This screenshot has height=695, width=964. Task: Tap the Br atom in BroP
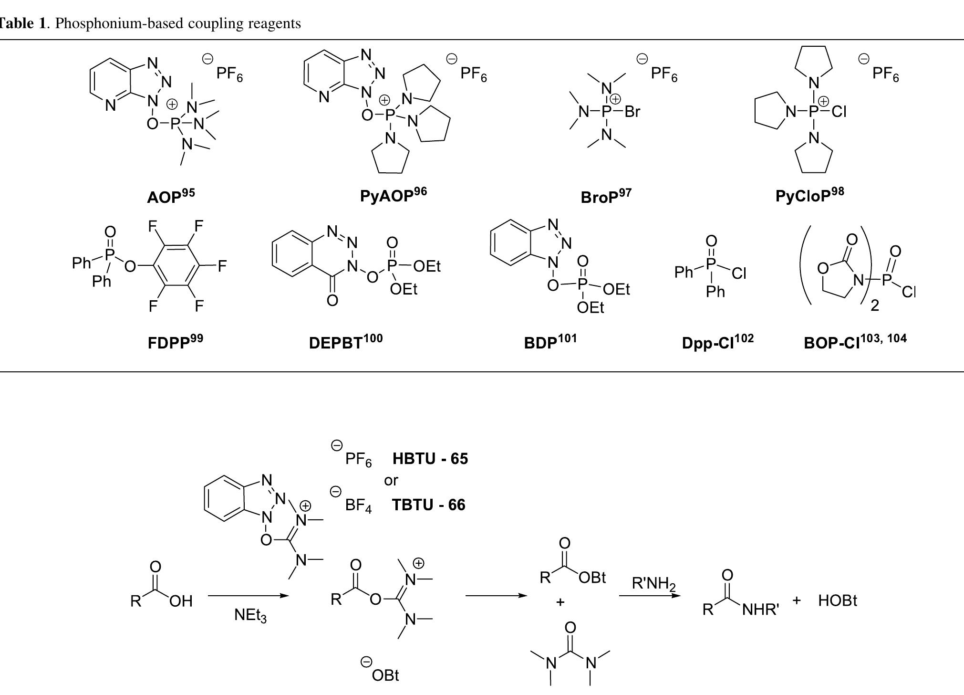(632, 112)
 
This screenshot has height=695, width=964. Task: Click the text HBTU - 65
(430, 459)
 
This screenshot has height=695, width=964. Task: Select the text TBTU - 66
(428, 505)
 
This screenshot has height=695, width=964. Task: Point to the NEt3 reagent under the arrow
(250, 616)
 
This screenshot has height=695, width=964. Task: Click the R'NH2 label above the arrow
(654, 584)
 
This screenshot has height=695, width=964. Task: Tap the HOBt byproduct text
(838, 600)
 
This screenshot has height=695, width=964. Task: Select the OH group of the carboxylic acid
(181, 601)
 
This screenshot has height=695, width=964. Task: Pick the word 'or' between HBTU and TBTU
(391, 481)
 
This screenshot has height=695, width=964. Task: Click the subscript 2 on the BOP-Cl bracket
(875, 305)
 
